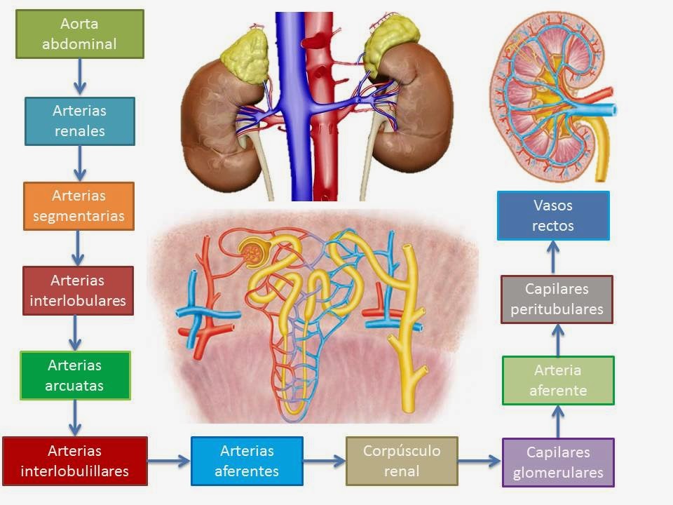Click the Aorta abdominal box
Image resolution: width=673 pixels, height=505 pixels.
[79, 34]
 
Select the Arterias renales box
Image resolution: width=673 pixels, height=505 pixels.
[79, 121]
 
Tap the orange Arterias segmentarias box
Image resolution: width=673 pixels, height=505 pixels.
[79, 206]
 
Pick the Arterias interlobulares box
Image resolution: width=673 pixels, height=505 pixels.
[78, 291]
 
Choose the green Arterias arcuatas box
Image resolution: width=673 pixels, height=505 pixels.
[76, 375]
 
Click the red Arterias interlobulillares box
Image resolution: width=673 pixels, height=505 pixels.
[75, 461]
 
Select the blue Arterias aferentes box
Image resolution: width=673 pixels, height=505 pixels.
[247, 461]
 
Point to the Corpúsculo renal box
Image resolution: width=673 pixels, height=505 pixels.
[402, 461]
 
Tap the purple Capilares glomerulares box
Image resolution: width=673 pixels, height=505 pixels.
[558, 462]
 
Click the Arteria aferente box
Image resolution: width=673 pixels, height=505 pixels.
[558, 381]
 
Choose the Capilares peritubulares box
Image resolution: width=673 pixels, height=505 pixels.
[557, 299]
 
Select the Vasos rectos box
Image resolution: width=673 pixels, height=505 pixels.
[553, 215]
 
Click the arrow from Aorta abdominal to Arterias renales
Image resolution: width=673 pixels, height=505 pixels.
[79, 76]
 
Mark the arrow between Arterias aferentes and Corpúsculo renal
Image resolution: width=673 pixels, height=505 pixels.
[324, 461]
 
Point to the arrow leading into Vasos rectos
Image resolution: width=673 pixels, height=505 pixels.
[553, 257]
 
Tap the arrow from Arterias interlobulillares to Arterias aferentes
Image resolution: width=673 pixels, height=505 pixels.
[169, 461]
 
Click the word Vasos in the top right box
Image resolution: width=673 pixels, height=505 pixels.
[553, 206]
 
